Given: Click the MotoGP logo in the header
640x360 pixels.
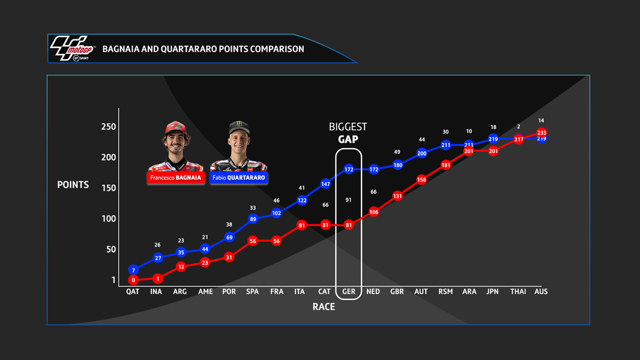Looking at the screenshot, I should point(71,49).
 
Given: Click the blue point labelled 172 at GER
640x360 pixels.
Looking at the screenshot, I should point(349,169).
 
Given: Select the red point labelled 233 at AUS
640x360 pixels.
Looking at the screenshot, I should point(542,133).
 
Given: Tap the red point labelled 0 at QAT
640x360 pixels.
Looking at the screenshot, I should point(133,280).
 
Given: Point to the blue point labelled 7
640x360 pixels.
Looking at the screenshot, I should point(133,270).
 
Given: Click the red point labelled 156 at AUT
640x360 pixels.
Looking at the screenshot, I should point(421,179).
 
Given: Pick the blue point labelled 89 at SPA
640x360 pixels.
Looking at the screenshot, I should point(253,219).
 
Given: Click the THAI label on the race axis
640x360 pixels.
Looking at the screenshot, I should point(518,292).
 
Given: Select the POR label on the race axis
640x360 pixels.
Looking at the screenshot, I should point(229,292).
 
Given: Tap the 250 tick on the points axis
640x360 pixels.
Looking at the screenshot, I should point(109,127).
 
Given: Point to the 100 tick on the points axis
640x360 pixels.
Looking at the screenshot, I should point(109,218).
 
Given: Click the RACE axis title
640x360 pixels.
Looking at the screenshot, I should point(324,307).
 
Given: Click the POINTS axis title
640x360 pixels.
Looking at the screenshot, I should point(73,185).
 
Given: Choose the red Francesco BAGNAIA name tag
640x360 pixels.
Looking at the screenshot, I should point(176,178).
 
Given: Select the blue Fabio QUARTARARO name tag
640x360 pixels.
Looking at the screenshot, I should point(238,178).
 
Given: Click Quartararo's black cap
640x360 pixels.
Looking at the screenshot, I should point(238,128).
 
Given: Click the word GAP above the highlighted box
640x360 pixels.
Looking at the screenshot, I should point(348,139).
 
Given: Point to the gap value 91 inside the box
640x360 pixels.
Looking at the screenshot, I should point(348,200).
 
